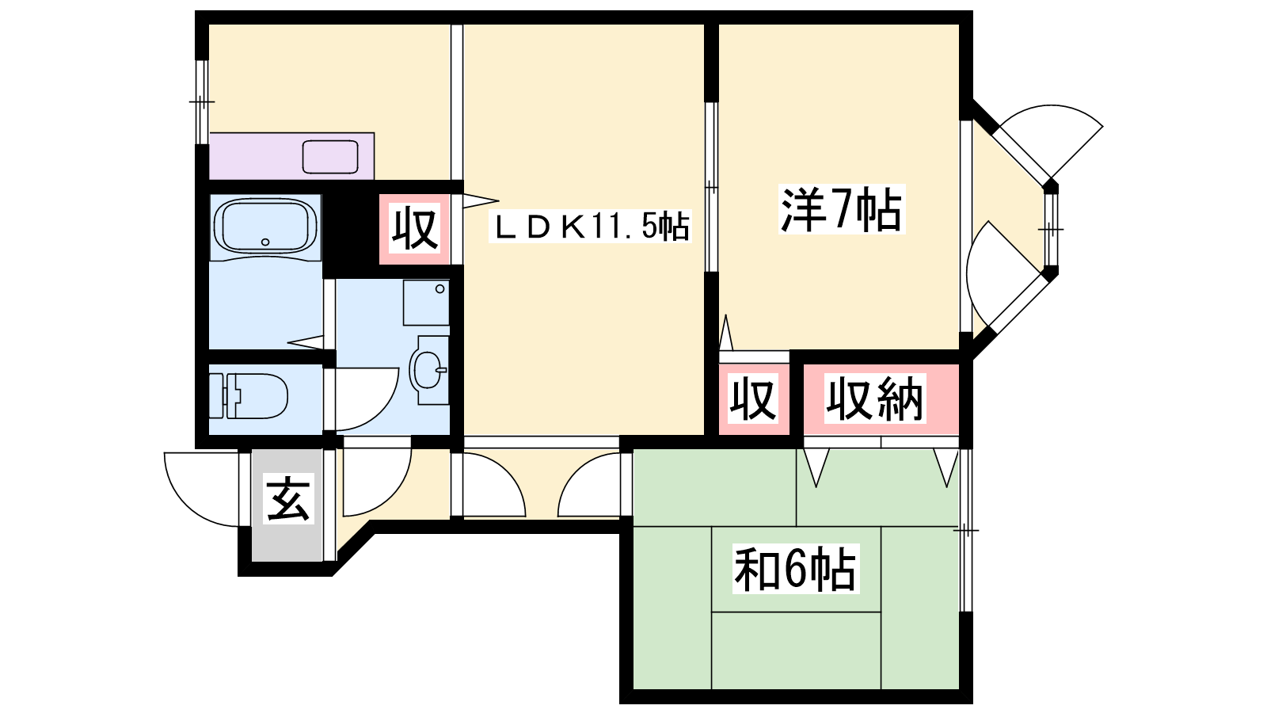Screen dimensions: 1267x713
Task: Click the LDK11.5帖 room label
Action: point(590,227)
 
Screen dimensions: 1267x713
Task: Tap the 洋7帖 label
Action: point(842,209)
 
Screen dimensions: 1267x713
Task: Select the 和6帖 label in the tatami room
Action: point(796,569)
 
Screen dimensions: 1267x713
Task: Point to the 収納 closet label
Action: point(875,398)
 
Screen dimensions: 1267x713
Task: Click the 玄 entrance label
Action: point(288,498)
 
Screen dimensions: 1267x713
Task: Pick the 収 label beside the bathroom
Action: point(415,229)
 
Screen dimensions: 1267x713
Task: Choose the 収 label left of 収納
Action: point(753,398)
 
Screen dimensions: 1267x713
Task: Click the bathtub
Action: point(265,227)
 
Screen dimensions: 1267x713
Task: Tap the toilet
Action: point(249,395)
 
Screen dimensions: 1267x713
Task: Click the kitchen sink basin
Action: point(330,157)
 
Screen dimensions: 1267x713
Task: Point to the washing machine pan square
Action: point(427,303)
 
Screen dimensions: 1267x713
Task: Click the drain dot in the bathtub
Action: point(265,242)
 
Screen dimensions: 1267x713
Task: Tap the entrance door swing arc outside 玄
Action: point(201,489)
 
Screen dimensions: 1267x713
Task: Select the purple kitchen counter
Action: point(292,156)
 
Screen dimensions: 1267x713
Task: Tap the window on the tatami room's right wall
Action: point(966,530)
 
